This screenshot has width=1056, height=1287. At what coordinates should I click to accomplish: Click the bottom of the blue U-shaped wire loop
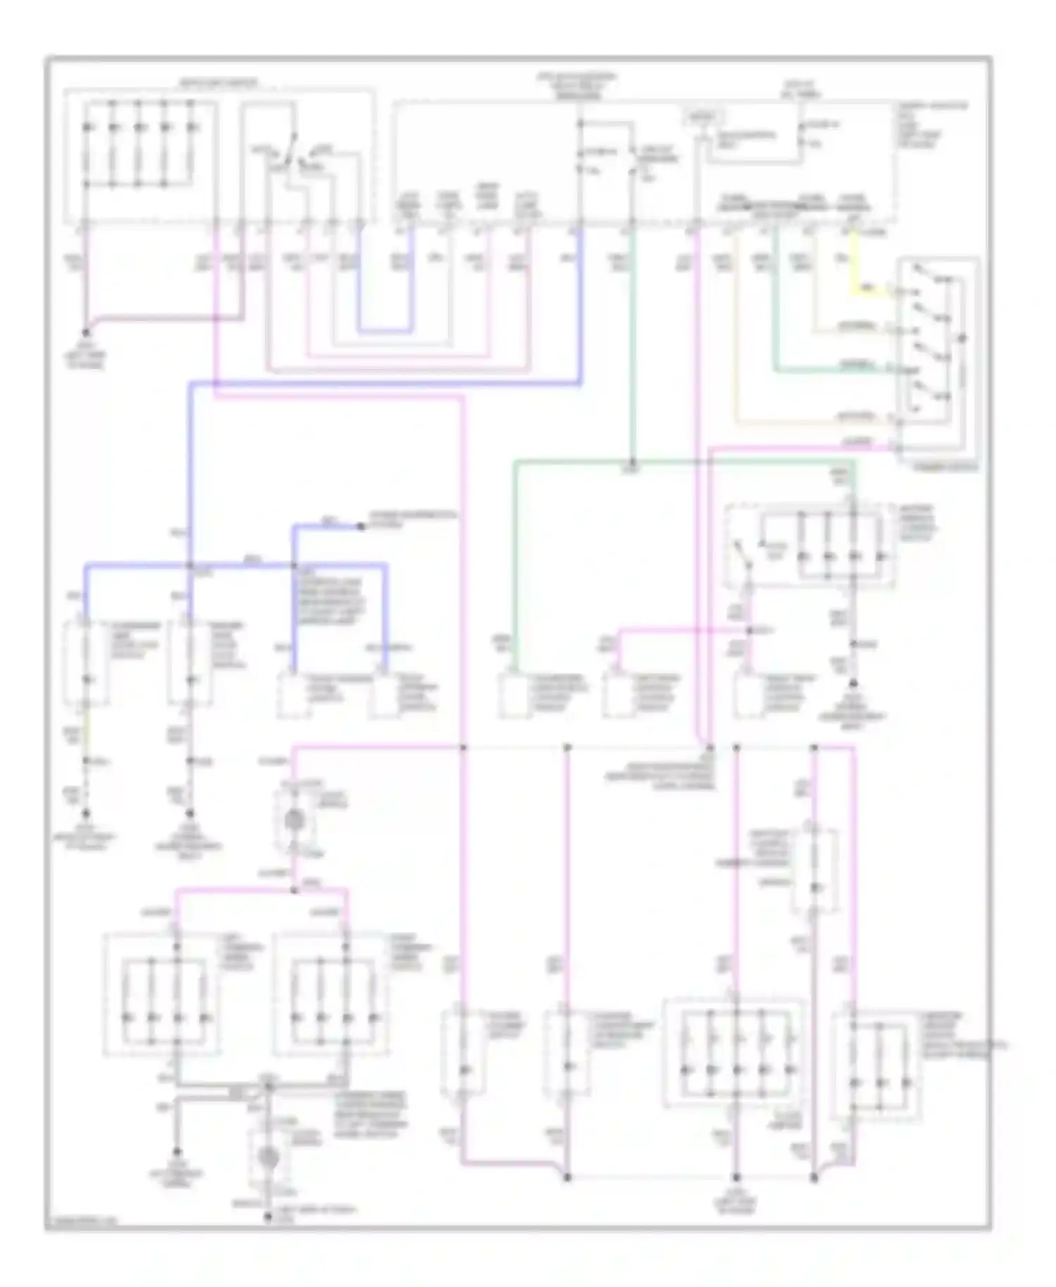pos(384,330)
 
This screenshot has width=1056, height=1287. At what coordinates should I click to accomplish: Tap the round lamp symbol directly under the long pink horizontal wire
pos(294,820)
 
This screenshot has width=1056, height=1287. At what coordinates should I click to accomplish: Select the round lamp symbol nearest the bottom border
pos(267,1156)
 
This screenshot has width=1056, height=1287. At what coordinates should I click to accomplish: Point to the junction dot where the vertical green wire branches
pos(632,462)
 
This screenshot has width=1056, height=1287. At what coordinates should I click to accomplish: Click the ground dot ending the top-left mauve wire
pos(86,332)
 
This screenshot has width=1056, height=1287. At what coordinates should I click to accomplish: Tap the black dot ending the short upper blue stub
pos(361,526)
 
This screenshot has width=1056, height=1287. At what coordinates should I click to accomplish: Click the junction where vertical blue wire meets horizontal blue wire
pos(190,565)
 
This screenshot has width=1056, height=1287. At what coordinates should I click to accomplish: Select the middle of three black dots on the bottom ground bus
pos(736,1177)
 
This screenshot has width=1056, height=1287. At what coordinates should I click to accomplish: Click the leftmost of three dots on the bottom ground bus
pos(567,1177)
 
